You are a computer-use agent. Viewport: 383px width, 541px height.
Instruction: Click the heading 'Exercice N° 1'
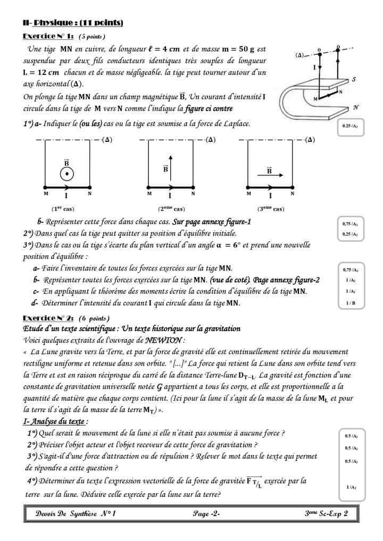click(48, 36)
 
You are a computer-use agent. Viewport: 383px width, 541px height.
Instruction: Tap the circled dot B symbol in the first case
click(66, 174)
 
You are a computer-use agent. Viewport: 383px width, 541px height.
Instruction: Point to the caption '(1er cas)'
click(63, 209)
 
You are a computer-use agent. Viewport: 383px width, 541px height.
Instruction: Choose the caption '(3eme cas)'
click(271, 209)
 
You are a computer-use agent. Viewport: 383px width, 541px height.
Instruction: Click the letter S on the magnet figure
click(354, 79)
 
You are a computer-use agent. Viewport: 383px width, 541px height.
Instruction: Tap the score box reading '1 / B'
click(351, 303)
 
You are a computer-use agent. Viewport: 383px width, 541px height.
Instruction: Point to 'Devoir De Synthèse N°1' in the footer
click(76, 513)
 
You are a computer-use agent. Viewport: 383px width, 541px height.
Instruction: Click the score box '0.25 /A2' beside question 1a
click(351, 128)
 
